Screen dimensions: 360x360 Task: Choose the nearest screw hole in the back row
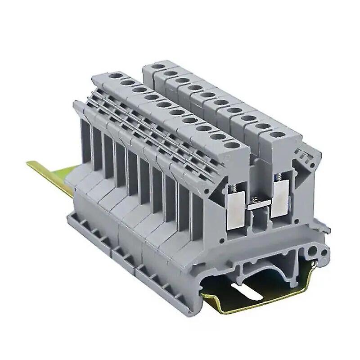(275, 135)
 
